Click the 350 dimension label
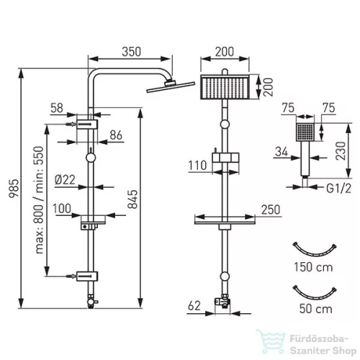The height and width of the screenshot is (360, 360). [x=131, y=52]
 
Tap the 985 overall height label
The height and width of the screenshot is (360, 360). [x=14, y=188]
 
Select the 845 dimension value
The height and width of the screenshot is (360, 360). [x=132, y=199]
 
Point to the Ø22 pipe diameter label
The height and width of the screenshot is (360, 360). [x=65, y=180]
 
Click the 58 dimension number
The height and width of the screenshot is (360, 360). [x=57, y=108]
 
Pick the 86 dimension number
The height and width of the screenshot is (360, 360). [x=116, y=135]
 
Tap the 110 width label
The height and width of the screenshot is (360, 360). [x=197, y=166]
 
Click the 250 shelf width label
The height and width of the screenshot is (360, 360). [x=271, y=210]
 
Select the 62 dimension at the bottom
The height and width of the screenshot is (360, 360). [x=194, y=306]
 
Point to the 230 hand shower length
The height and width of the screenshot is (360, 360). [x=341, y=150]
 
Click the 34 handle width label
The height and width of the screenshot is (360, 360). [x=282, y=152]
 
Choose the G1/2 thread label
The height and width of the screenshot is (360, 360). [x=338, y=189]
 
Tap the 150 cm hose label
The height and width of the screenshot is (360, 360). [x=313, y=267]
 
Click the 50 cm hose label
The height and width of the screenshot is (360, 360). [x=316, y=309]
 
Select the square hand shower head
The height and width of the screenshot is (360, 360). [x=305, y=132]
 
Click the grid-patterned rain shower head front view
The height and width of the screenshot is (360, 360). [x=225, y=87]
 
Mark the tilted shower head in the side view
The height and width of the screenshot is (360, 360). [x=171, y=86]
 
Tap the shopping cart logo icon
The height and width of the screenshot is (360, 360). [x=271, y=342]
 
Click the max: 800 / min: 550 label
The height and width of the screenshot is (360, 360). [x=40, y=200]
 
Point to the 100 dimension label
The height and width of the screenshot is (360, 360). [x=62, y=209]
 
